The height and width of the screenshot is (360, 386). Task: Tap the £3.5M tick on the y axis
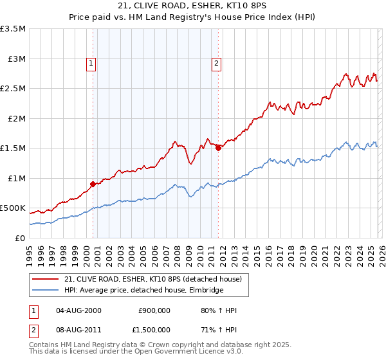pyautogui.click(x=14, y=29)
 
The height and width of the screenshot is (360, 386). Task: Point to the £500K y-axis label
pyautogui.click(x=13, y=208)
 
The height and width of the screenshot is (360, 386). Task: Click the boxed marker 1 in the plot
pyautogui.click(x=91, y=63)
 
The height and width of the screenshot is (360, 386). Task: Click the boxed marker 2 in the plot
pyautogui.click(x=216, y=63)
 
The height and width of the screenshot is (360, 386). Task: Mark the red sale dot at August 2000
pyautogui.click(x=93, y=184)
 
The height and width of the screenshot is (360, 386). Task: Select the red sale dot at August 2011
pyautogui.click(x=218, y=148)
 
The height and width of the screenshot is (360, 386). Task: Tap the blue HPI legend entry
pyautogui.click(x=143, y=291)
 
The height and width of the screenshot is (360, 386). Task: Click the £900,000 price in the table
pyautogui.click(x=154, y=310)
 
